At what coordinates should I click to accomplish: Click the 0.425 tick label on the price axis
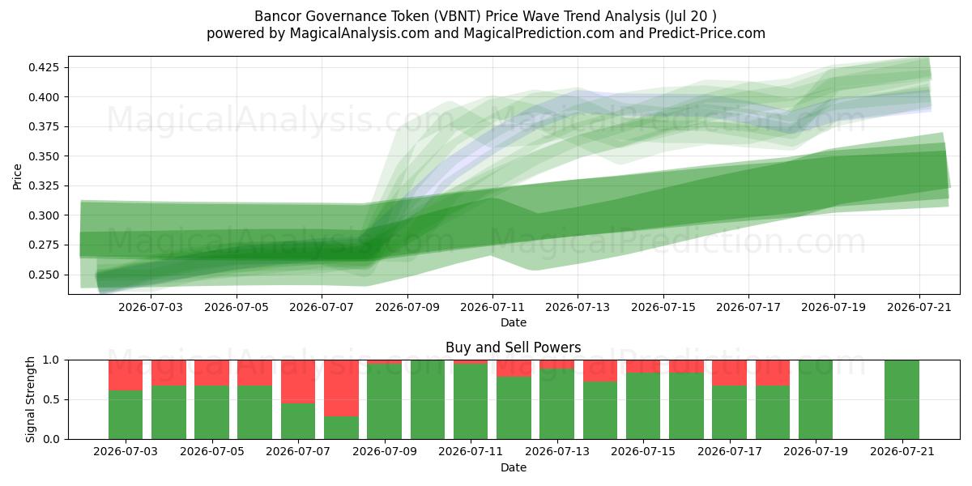pos(44,68)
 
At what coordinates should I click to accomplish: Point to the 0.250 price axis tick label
pos(44,275)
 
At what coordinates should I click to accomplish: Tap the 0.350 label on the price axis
pos(44,156)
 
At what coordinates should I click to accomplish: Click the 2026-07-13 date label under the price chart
pos(578,307)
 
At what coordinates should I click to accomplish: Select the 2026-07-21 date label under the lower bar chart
pos(902,452)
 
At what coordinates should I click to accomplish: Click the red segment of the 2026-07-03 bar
pos(126,375)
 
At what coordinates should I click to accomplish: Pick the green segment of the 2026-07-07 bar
pos(298,421)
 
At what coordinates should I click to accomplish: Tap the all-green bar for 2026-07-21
pos(902,399)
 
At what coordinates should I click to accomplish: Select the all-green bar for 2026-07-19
pos(816,399)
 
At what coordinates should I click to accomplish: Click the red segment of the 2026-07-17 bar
pos(730,373)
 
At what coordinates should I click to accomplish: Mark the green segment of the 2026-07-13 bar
pos(556,404)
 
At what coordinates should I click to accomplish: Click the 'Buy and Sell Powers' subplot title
pos(514,347)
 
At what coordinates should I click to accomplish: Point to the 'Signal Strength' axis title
pos(30,399)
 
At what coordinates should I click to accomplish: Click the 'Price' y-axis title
pos(17,177)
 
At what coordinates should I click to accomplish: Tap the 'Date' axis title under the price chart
pos(514,322)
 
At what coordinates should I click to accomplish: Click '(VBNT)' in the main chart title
pos(458,16)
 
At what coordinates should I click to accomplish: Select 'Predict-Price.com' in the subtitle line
pos(707,33)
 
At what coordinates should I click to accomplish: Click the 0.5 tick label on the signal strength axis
pos(52,399)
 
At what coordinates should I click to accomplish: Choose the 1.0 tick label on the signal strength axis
pos(52,360)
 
